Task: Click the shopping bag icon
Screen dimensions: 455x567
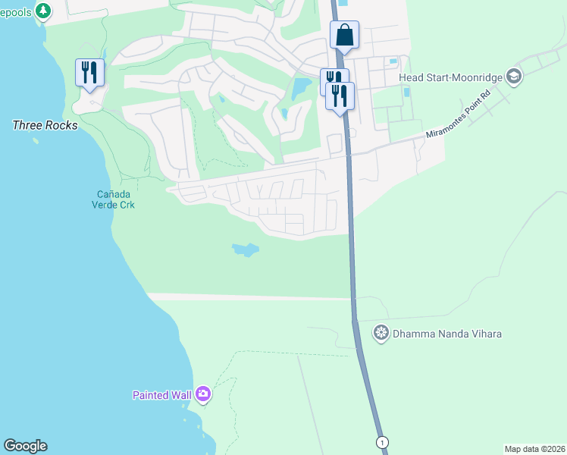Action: (344, 35)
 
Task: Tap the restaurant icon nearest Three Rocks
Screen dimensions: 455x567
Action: (89, 73)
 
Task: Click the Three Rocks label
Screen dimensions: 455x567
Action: (45, 125)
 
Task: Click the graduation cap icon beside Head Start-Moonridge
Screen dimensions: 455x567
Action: (514, 75)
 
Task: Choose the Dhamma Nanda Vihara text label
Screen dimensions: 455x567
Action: (447, 333)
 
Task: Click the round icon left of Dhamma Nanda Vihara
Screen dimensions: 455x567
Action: (381, 333)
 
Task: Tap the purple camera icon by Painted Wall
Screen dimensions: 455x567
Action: (202, 394)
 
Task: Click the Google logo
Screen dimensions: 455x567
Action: (25, 446)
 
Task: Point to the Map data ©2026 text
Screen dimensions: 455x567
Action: (534, 449)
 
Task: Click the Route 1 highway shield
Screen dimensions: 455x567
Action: (383, 442)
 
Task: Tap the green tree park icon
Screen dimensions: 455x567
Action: (45, 11)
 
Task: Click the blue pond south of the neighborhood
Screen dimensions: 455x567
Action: (245, 249)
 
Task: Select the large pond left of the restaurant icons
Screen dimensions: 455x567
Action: (301, 88)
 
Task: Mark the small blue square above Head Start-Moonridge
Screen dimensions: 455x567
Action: (392, 61)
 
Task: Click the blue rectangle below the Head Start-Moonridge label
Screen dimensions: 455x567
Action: (406, 93)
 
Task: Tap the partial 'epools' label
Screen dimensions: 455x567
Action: (17, 11)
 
